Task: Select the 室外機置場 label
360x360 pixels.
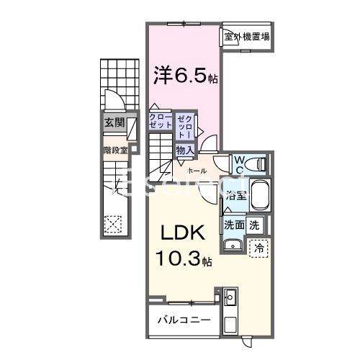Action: click(246, 37)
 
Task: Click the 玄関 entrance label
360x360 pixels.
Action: click(112, 122)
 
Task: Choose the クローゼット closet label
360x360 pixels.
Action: click(160, 121)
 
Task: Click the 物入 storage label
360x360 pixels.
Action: click(184, 150)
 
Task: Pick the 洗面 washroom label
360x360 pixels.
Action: click(233, 224)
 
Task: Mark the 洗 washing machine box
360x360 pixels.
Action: click(254, 224)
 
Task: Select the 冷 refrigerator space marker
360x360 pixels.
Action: click(258, 247)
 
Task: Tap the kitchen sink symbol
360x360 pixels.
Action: click(230, 296)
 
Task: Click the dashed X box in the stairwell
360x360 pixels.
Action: click(113, 224)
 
